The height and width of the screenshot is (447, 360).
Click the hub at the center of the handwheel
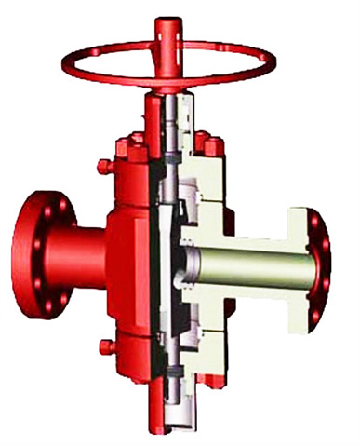pos(167,37)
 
